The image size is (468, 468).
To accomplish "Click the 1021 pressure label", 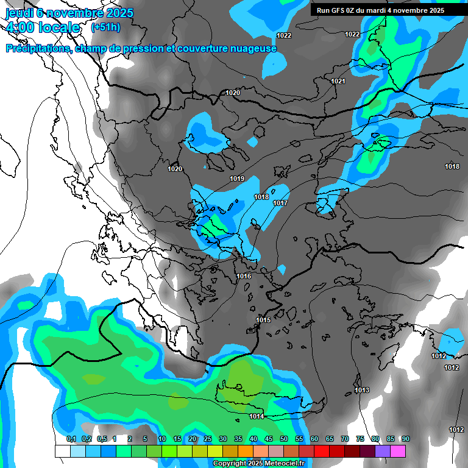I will tap(338, 81).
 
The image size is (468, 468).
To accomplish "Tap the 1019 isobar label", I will tap(237, 179).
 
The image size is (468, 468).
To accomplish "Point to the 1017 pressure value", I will tap(280, 203).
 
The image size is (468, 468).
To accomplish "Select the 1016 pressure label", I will tap(244, 276).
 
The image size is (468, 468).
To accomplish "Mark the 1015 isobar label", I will tap(263, 320).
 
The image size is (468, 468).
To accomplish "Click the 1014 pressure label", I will tap(257, 416).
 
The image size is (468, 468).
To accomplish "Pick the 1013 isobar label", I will tap(362, 390).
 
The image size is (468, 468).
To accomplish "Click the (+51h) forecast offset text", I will tap(105, 27).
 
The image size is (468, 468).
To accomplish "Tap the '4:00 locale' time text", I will tap(43, 27).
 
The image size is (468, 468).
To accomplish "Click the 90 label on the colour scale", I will tap(405, 439).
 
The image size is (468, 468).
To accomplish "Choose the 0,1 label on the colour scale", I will tap(71, 439).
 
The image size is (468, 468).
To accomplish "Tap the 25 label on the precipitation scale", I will tap(208, 439).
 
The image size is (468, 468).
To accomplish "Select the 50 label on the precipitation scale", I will tap(284, 439).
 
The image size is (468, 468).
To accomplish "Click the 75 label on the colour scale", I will tap(360, 439).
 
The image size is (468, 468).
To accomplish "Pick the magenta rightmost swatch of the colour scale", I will tap(398, 451).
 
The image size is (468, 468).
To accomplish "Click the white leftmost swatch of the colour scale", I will tap(62, 451).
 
